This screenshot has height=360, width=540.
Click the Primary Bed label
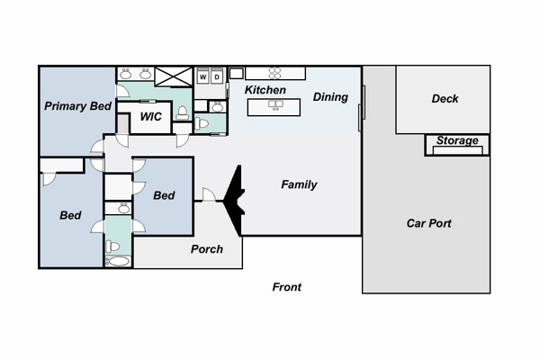pyautogui.click(x=77, y=106)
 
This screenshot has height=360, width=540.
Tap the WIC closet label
pyautogui.click(x=150, y=117)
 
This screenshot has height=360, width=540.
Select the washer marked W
pyautogui.click(x=202, y=76)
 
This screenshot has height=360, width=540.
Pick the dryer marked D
pyautogui.click(x=217, y=76)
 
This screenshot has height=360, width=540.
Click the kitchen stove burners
pyautogui.click(x=274, y=73)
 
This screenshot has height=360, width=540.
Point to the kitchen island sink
pyautogui.click(x=275, y=104)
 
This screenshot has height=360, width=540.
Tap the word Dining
pyautogui.click(x=330, y=97)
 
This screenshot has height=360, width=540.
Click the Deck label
pyautogui.click(x=445, y=99)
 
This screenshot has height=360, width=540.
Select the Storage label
pyautogui.click(x=457, y=140)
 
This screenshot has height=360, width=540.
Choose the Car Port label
pyautogui.click(x=428, y=223)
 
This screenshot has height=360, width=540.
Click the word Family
pyautogui.click(x=299, y=184)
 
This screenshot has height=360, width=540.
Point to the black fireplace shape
pyautogui.click(x=234, y=201)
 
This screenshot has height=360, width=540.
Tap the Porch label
pyautogui.click(x=207, y=249)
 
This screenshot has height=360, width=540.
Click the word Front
pyautogui.click(x=286, y=287)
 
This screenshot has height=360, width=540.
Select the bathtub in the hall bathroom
pyautogui.click(x=118, y=261)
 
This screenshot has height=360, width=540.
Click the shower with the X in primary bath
pyautogui.click(x=173, y=76)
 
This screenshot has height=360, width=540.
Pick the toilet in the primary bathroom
pyautogui.click(x=182, y=113)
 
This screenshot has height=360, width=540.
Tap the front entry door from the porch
pyautogui.click(x=209, y=195)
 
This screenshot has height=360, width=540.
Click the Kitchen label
pyautogui.click(x=265, y=90)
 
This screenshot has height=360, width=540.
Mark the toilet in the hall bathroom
pyautogui.click(x=112, y=247)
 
